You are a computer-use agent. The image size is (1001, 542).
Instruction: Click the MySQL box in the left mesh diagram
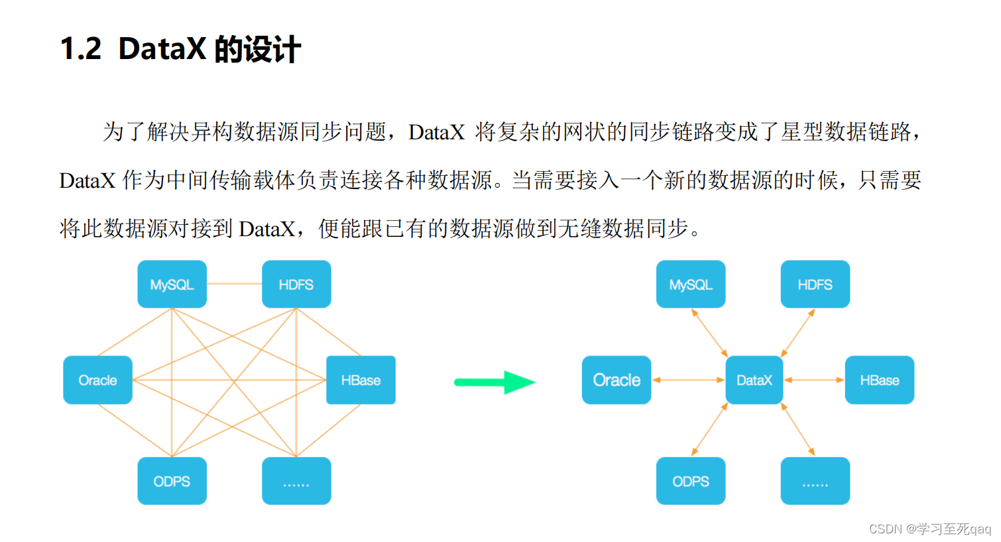(x=172, y=285)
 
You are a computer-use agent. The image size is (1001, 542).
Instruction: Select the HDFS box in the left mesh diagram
(x=296, y=285)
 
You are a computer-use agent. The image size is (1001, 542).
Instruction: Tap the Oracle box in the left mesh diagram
(x=97, y=380)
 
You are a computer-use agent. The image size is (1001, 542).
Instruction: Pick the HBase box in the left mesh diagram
(x=361, y=380)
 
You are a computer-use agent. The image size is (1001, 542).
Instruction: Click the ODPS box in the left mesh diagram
(x=172, y=481)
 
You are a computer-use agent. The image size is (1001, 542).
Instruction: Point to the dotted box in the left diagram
(x=296, y=481)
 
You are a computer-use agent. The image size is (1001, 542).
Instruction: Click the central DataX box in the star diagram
(x=754, y=380)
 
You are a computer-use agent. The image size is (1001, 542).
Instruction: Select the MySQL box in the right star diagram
(x=690, y=285)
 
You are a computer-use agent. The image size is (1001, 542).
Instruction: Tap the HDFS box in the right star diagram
(x=815, y=285)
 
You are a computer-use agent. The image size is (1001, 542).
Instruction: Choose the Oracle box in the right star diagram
(x=617, y=380)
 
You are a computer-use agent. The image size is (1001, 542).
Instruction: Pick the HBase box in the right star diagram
(x=879, y=380)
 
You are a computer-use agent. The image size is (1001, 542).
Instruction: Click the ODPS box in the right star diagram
(x=690, y=481)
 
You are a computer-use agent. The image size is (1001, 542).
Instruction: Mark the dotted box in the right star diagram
(x=815, y=481)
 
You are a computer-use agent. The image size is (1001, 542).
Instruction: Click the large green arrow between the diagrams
(x=495, y=382)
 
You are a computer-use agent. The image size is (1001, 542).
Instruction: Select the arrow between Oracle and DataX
(x=688, y=380)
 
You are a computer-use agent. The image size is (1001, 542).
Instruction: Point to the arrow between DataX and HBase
(x=814, y=380)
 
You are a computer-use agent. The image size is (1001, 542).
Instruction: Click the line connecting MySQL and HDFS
(x=234, y=284)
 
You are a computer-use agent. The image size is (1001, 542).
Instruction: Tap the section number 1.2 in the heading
(x=80, y=49)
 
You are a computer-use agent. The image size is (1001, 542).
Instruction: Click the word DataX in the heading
(x=162, y=49)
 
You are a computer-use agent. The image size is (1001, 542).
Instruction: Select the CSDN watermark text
(x=929, y=529)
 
